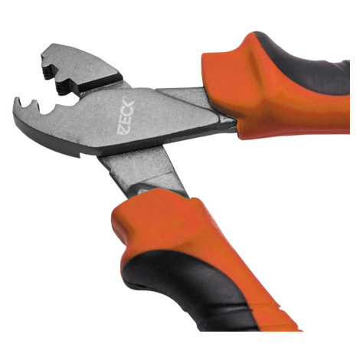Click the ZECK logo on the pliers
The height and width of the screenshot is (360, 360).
pos(126,116)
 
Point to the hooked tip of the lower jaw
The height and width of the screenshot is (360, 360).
pos(18,104)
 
